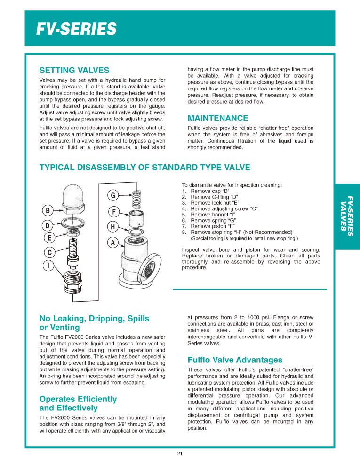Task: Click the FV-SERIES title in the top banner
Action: (x=76, y=29)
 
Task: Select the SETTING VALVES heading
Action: (x=74, y=71)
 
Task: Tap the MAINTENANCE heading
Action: (x=218, y=118)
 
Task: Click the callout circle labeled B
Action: (x=48, y=210)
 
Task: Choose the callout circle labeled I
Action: (x=48, y=266)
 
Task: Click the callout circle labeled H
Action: (x=113, y=227)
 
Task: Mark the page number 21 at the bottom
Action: (x=180, y=453)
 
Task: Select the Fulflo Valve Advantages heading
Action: (x=235, y=360)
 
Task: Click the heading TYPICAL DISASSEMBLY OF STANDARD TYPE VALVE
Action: (x=144, y=168)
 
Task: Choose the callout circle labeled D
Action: (x=48, y=225)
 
